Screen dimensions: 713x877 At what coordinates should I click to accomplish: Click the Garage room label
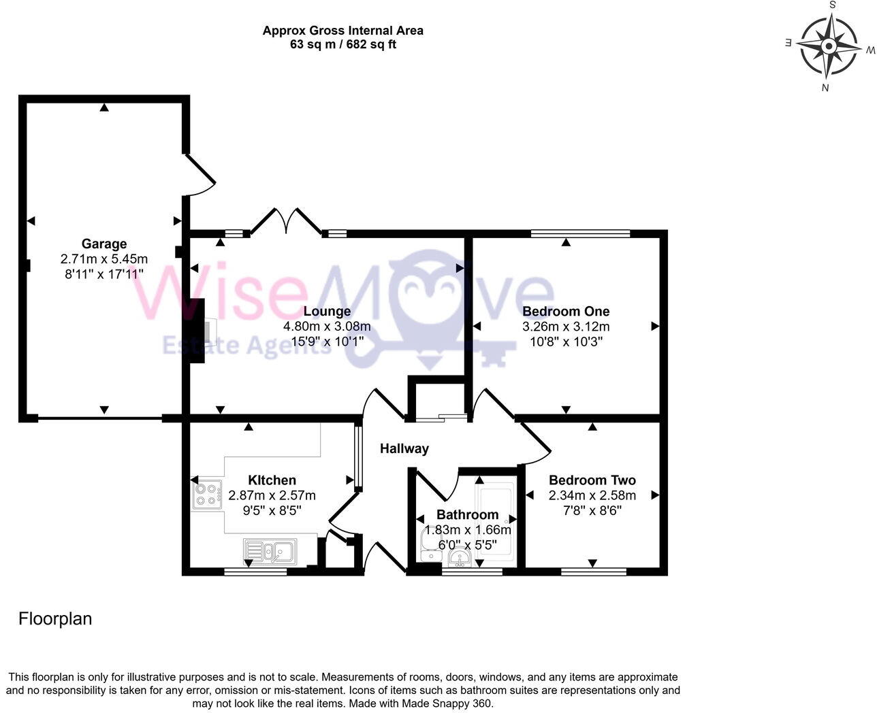coord(104,244)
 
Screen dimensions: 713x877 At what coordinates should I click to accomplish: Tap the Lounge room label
coord(327,312)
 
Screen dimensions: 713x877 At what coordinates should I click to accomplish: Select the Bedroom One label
coord(565,312)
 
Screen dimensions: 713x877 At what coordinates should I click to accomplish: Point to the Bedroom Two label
coord(592,480)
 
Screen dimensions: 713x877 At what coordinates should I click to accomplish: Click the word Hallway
coord(404,448)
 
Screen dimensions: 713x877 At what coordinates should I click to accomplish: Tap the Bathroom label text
coord(467,514)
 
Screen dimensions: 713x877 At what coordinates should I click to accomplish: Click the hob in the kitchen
coord(208,495)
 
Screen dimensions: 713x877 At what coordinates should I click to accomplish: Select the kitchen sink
coord(270,551)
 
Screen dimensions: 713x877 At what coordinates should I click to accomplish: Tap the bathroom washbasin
coord(460,558)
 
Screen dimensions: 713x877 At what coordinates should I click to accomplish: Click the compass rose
coord(829,46)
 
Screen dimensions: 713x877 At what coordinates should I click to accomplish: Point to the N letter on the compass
coord(825,88)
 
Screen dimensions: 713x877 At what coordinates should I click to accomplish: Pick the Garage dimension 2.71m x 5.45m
coord(104,259)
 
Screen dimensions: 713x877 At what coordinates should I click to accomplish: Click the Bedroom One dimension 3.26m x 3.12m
coord(565,327)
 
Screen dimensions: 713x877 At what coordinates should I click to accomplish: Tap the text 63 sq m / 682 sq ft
coord(342,45)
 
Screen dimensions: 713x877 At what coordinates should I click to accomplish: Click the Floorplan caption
coord(54,619)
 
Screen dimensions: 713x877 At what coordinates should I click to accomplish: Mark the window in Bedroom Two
coord(593,572)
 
